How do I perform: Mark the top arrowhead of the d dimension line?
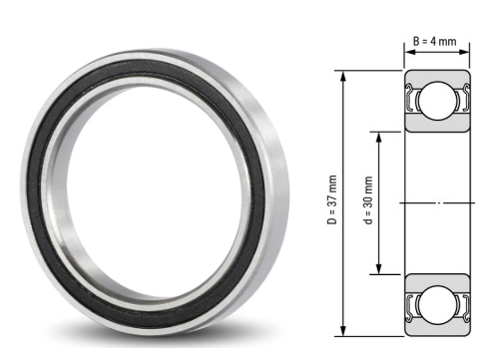(x=379, y=134)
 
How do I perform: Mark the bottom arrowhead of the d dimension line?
(x=379, y=270)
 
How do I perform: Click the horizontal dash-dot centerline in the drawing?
(x=439, y=202)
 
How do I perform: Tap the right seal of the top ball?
(x=466, y=100)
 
